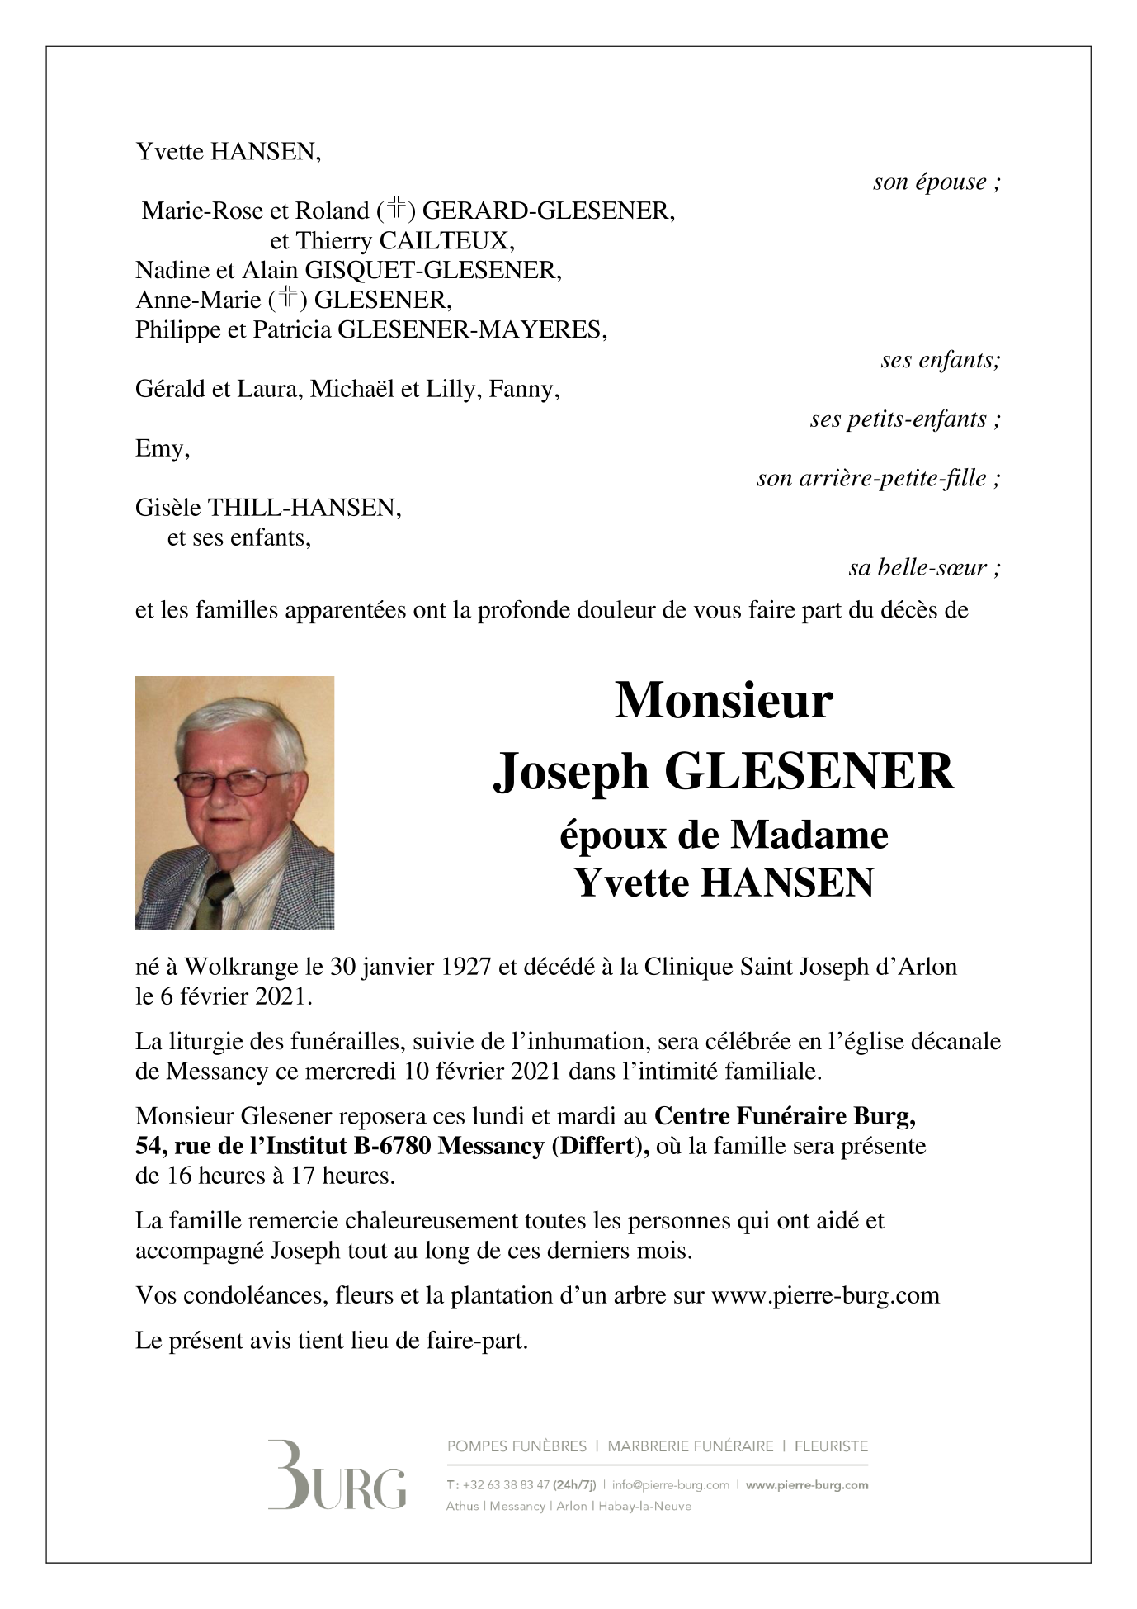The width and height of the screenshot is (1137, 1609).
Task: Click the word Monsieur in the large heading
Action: click(723, 701)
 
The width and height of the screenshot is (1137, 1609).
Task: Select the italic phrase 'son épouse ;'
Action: click(936, 182)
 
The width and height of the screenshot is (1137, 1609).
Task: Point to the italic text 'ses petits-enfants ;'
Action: click(905, 419)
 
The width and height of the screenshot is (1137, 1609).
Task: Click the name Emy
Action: click(162, 449)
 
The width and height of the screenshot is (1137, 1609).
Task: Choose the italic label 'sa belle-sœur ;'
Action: click(924, 568)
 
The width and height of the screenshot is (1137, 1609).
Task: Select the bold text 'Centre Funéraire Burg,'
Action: click(785, 1116)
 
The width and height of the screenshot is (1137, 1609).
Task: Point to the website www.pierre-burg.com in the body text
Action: click(824, 1294)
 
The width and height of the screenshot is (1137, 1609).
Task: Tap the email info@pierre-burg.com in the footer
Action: click(670, 1484)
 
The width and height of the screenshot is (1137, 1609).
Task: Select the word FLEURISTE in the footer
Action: click(830, 1446)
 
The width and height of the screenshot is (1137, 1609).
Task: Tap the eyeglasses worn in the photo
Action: click(232, 780)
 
